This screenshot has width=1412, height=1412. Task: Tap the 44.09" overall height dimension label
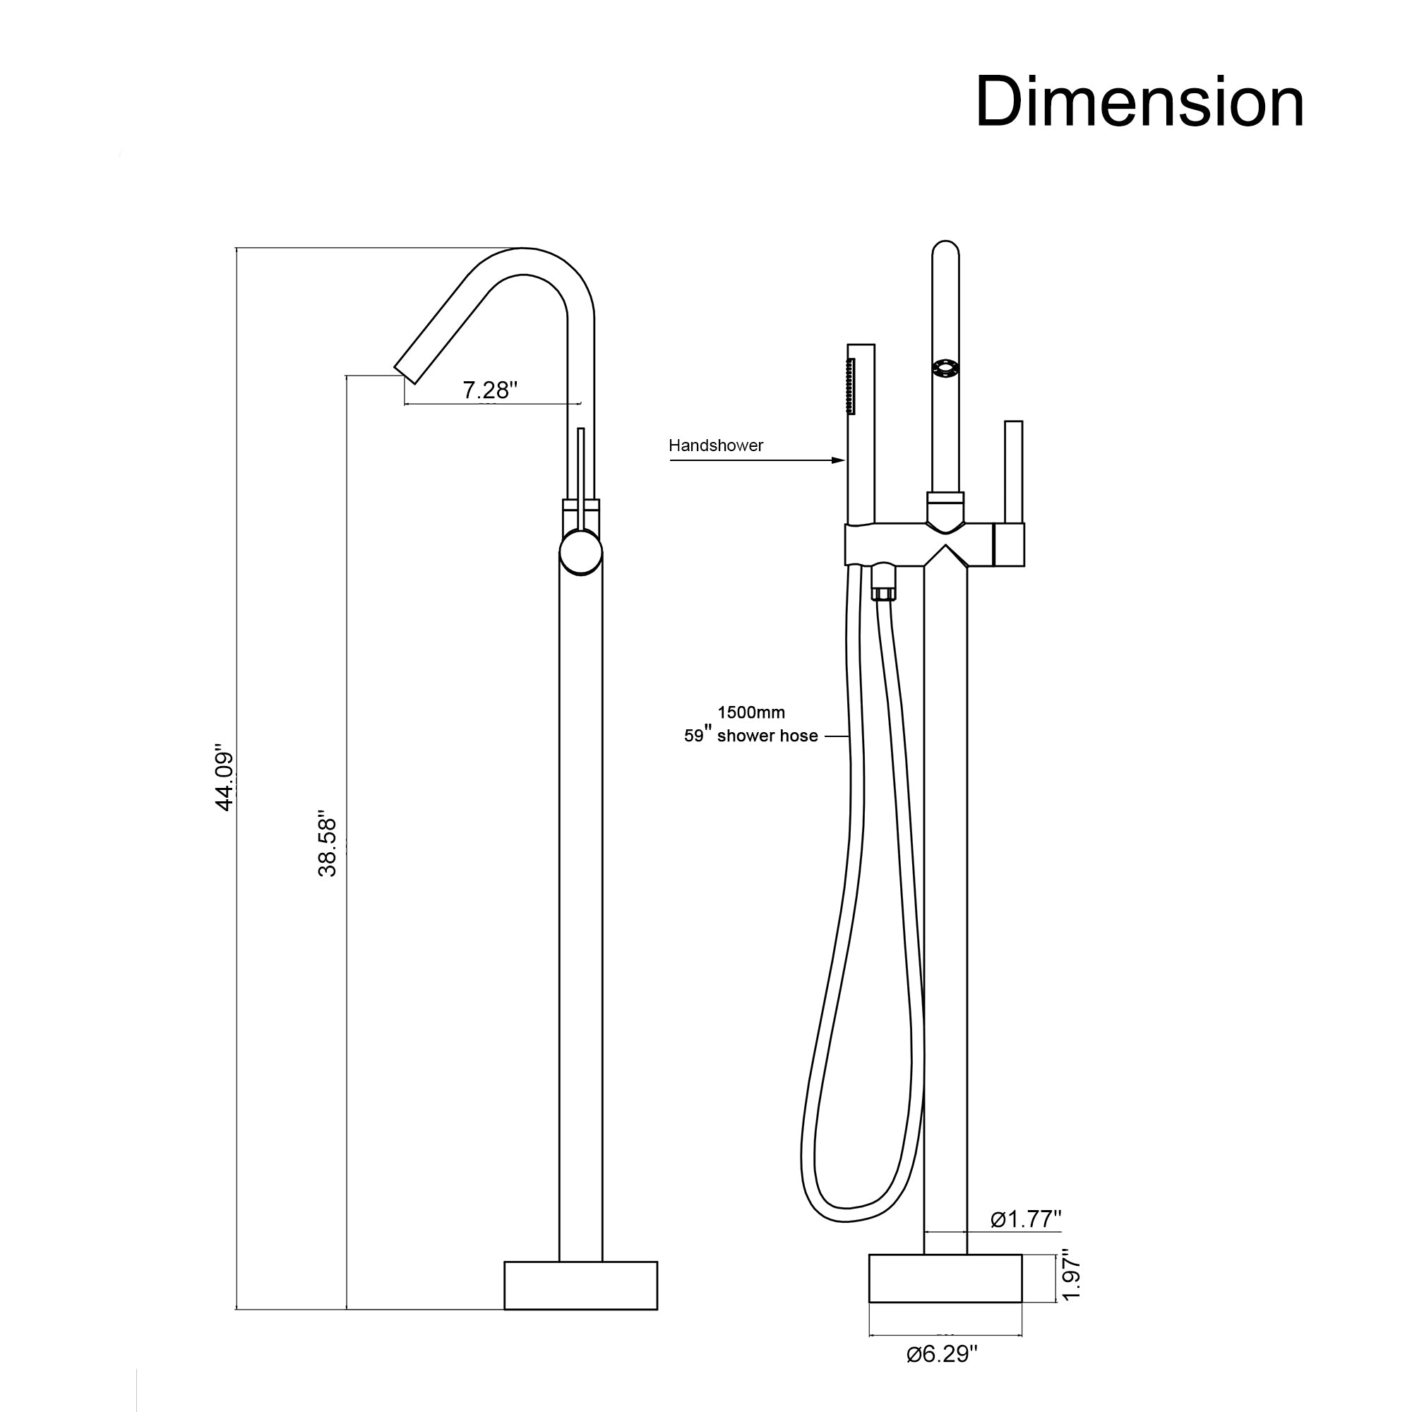[224, 778]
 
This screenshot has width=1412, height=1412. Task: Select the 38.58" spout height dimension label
[327, 844]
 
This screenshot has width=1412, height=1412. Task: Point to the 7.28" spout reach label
[490, 390]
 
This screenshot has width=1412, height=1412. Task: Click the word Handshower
[715, 445]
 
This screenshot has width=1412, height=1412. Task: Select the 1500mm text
[750, 712]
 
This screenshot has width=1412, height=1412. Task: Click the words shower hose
[767, 736]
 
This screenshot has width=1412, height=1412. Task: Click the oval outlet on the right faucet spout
[945, 369]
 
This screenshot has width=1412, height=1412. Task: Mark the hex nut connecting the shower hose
[884, 585]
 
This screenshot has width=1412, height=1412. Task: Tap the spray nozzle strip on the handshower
[851, 388]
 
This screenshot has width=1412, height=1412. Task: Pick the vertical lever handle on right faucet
[1013, 472]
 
